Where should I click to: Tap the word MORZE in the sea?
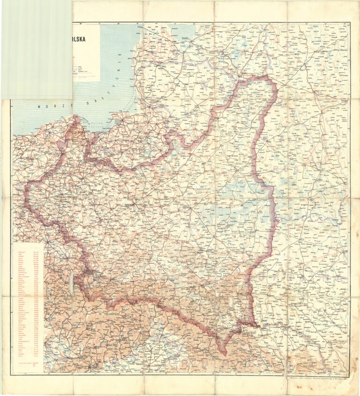49,107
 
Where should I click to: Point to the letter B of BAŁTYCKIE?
88,102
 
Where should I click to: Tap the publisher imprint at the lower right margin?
319,376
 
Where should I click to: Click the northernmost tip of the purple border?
262,77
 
